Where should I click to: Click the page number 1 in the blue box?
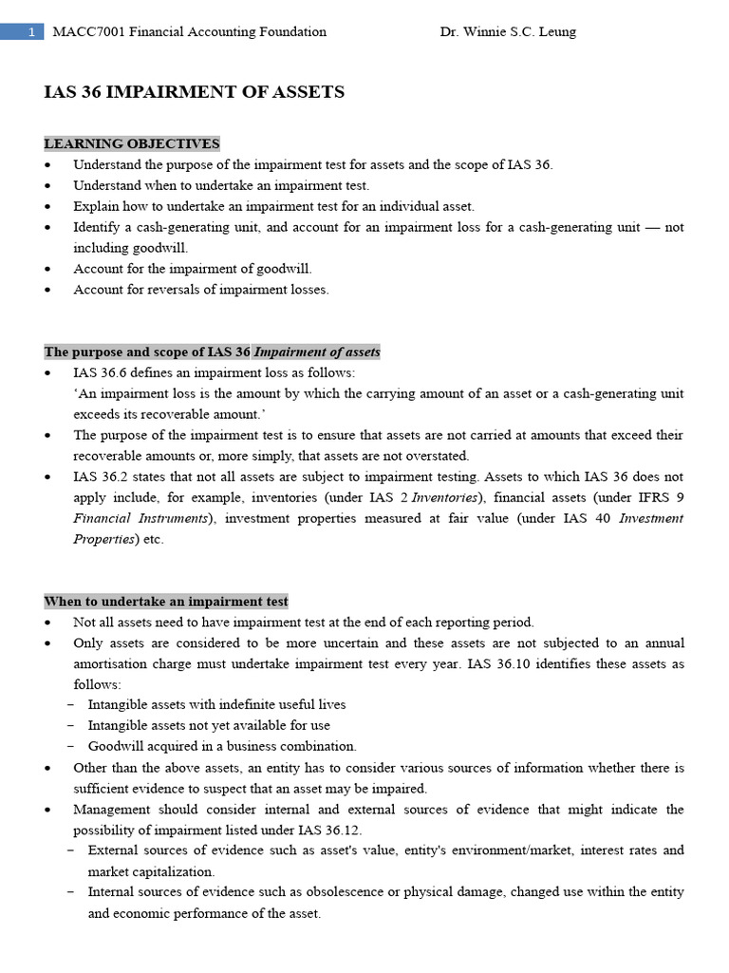[x=31, y=31]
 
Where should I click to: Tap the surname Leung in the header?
[x=555, y=31]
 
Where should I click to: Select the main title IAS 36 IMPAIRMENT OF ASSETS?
[x=195, y=92]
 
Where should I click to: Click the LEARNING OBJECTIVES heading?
[x=132, y=143]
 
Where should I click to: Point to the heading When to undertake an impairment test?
[x=166, y=601]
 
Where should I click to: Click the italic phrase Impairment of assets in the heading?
[x=317, y=352]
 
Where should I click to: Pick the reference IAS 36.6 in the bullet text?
[x=103, y=372]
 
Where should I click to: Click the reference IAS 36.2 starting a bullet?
[x=103, y=476]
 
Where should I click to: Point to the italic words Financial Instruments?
[x=140, y=518]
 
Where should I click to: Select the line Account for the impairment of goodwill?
[x=193, y=269]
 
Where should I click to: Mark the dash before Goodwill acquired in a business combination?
[x=73, y=746]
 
